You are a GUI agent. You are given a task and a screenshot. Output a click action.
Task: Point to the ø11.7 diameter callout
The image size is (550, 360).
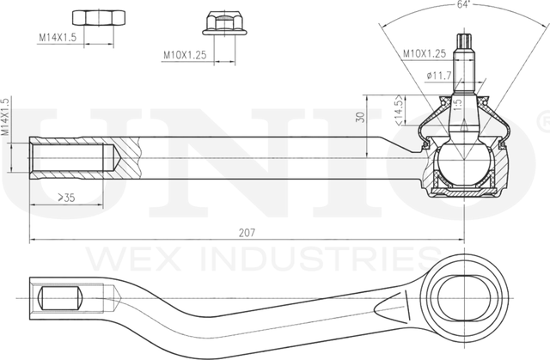(439, 76)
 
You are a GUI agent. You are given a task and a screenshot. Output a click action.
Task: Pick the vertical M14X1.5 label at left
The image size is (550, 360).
(6, 118)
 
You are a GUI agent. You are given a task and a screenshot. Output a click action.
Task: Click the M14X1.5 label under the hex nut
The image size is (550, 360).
(58, 38)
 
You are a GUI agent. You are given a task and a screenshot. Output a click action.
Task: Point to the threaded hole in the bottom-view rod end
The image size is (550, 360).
(60, 300)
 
